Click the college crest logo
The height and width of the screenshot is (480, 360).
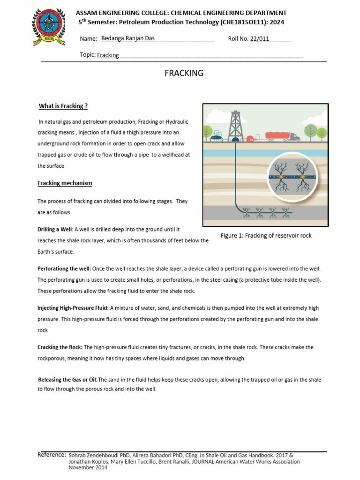coord(48,28)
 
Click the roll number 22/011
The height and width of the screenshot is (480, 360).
coord(260,39)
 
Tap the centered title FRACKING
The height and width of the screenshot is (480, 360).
coord(183,73)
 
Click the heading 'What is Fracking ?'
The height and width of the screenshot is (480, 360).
coord(62,106)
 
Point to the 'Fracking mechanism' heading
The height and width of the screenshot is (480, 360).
coord(65,183)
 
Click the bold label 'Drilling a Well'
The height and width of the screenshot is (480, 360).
coord(55,229)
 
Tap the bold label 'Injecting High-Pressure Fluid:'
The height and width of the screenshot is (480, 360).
coord(73,308)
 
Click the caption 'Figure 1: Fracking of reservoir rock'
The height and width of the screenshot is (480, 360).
coord(266,235)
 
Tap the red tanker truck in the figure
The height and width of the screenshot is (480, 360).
coord(277,136)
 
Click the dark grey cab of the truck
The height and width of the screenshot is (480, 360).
coord(294,136)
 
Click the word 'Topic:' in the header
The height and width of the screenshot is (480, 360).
coord(88,55)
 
